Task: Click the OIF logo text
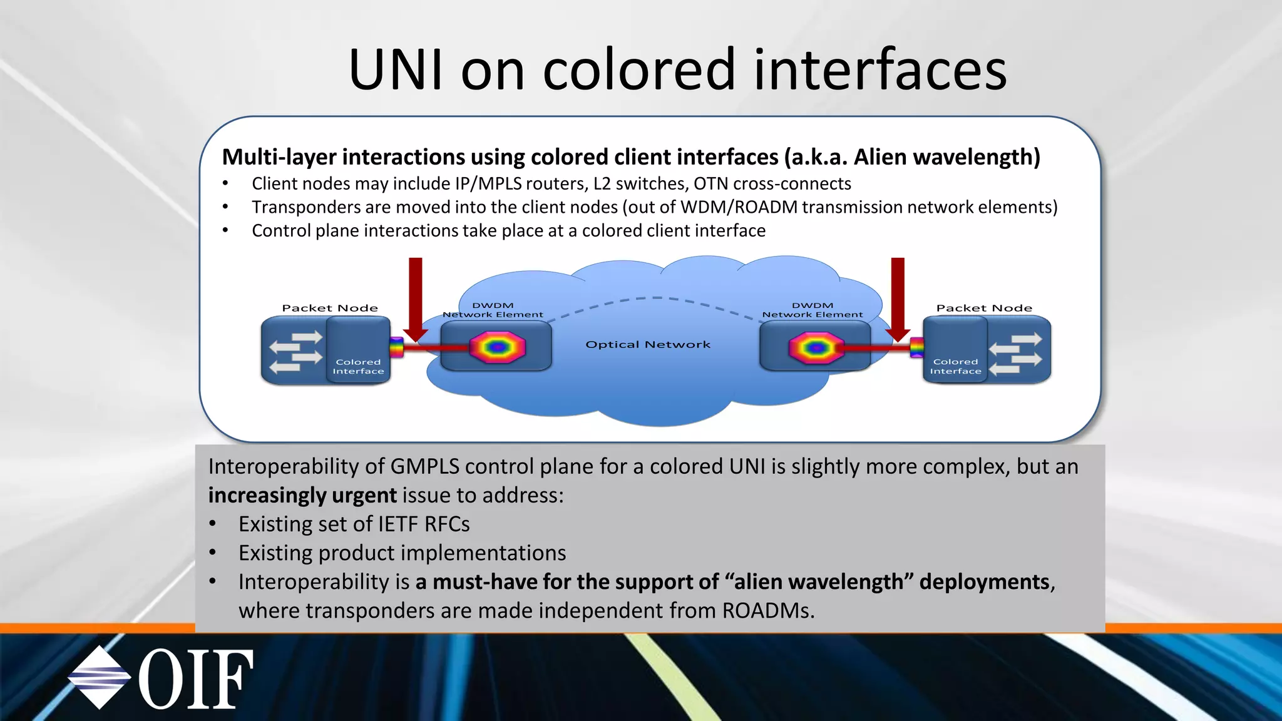click(196, 679)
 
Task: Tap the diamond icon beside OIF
click(99, 678)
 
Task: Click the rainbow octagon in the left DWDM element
click(498, 347)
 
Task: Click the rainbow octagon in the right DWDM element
click(816, 347)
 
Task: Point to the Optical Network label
click(648, 345)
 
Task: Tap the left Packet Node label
click(330, 308)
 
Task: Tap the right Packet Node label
click(984, 308)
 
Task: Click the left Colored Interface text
click(358, 367)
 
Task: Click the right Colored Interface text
click(955, 367)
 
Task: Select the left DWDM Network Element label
click(493, 310)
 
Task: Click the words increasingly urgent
click(302, 496)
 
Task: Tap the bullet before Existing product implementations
click(213, 553)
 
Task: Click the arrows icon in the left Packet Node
click(295, 352)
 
